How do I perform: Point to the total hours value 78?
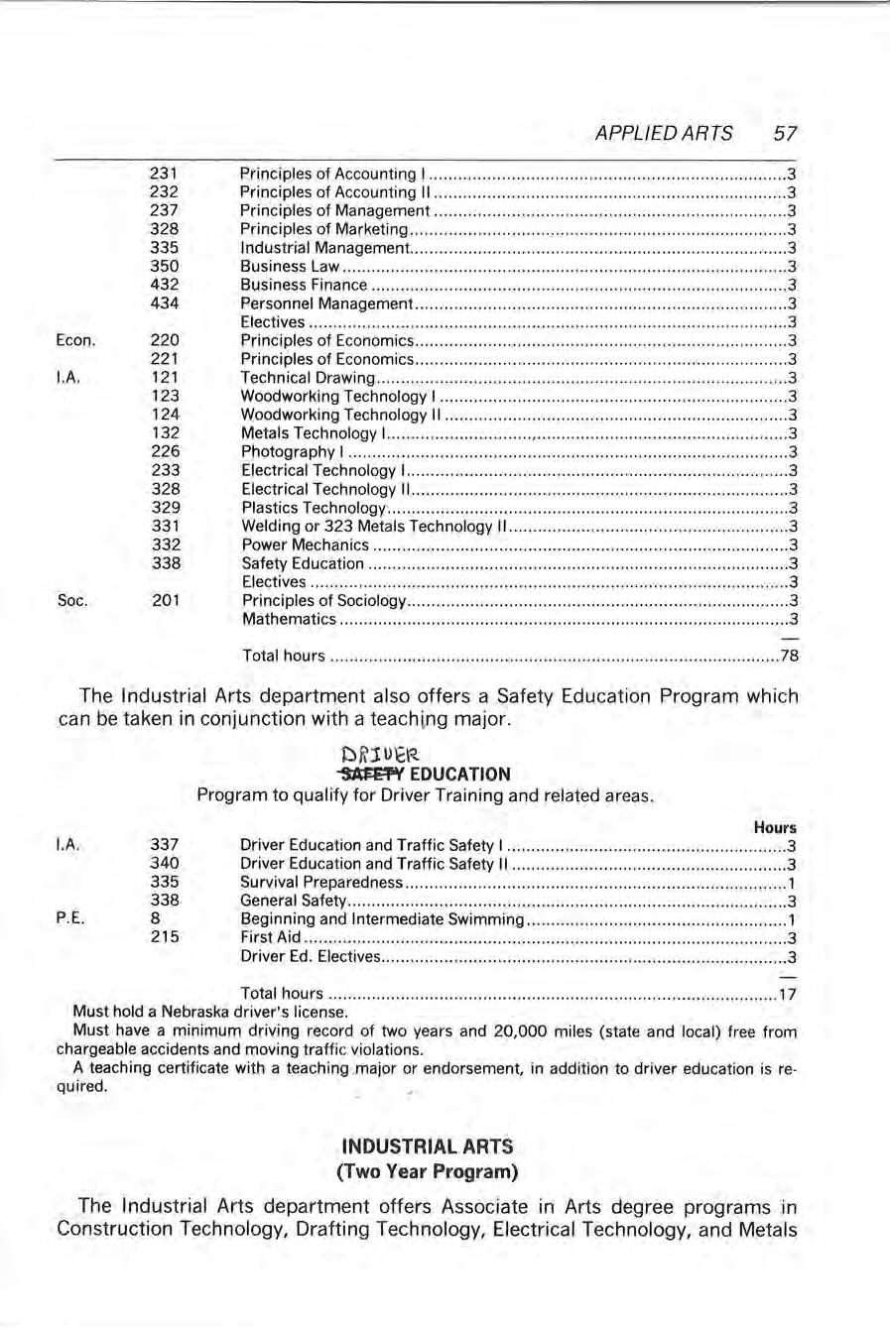coord(789,656)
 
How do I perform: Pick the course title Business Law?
coord(291,266)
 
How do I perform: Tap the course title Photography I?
coord(293,451)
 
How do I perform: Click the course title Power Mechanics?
coord(306,544)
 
